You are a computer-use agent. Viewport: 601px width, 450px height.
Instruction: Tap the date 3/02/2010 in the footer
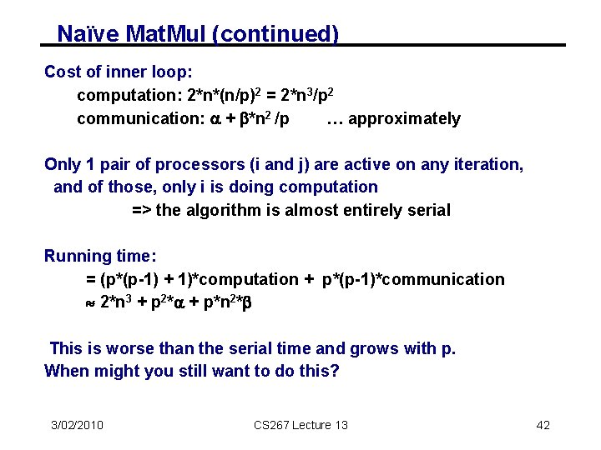tap(77, 425)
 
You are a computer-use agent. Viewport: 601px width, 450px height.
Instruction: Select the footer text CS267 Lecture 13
tap(300, 425)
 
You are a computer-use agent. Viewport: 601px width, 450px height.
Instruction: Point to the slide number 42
tap(543, 425)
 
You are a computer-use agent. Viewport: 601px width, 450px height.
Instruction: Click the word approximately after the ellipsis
tap(404, 119)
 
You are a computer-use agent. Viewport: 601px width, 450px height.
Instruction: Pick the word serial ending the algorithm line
tap(427, 210)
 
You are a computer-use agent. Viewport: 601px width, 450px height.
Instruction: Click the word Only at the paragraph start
tap(63, 164)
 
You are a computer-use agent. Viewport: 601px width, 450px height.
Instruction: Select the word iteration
tap(485, 164)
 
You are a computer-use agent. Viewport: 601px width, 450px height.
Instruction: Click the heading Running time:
tap(100, 256)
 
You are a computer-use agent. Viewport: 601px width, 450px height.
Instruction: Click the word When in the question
tap(66, 371)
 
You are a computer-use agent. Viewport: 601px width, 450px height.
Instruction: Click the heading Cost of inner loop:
tap(119, 72)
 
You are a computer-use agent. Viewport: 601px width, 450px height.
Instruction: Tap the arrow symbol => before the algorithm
tap(141, 210)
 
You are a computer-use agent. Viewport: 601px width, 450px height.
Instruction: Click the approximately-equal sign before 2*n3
tap(91, 302)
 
